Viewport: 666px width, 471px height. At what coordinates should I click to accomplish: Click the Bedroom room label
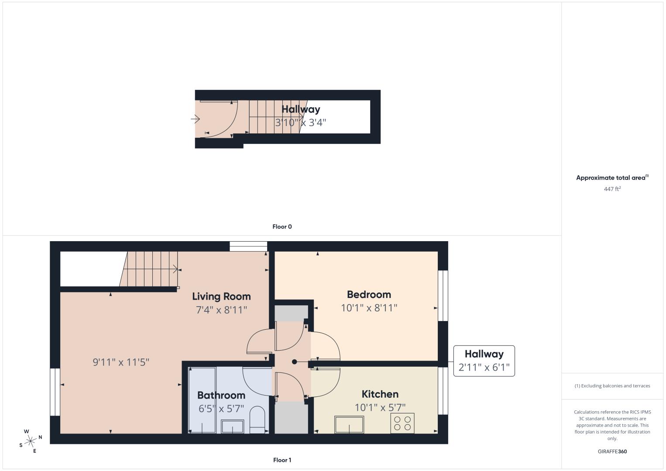(369, 294)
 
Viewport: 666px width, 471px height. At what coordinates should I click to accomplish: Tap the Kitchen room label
(380, 394)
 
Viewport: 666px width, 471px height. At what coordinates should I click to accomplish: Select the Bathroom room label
(221, 395)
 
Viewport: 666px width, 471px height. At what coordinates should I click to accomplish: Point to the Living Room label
(221, 297)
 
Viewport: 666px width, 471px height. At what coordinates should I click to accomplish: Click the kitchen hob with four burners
(402, 423)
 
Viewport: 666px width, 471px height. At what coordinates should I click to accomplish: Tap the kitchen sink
(349, 424)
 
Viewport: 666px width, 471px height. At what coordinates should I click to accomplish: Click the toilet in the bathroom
(257, 420)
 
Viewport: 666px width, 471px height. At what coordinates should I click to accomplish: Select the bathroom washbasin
(232, 426)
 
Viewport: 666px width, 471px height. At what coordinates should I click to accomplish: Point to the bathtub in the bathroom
(202, 400)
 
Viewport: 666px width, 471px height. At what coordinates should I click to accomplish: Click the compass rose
(30, 441)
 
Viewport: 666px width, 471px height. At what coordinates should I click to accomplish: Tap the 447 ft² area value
(612, 189)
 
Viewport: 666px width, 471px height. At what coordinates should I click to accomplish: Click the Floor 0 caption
(282, 227)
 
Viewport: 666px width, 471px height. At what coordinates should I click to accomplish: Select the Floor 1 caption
(282, 460)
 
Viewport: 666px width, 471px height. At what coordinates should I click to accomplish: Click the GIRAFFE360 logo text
(612, 451)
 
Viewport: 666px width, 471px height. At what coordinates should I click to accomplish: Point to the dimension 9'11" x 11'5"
(121, 362)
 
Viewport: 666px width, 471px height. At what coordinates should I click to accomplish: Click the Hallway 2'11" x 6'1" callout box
(484, 361)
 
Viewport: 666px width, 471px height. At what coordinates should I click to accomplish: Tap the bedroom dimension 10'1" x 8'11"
(369, 308)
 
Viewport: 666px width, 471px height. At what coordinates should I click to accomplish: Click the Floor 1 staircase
(149, 269)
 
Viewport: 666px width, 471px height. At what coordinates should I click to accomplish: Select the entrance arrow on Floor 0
(195, 119)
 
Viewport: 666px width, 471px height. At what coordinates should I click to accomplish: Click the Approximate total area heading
(612, 177)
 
